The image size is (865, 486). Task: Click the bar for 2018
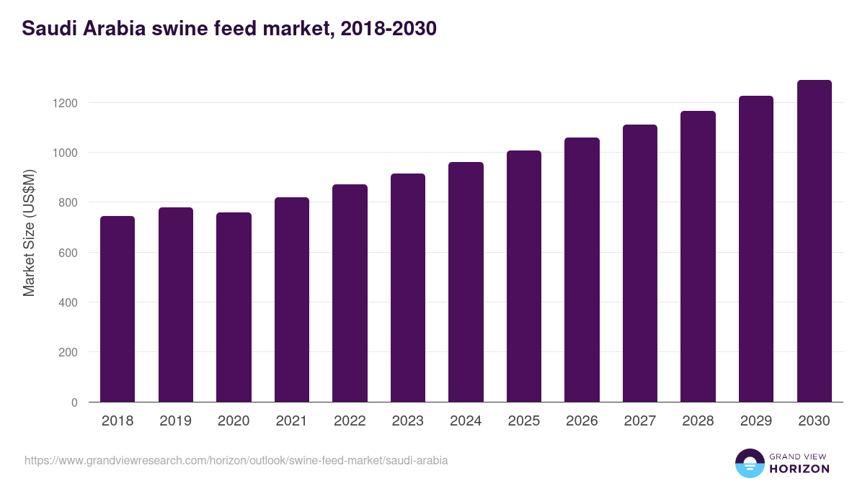point(117,309)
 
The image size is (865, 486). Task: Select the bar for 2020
point(234,307)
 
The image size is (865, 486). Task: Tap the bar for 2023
point(408,288)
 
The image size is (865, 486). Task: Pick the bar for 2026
point(582,270)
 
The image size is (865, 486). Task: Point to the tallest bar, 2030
point(814,241)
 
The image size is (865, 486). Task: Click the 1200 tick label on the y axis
point(65,103)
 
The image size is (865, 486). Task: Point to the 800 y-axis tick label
point(68,203)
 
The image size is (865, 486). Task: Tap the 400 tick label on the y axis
point(68,302)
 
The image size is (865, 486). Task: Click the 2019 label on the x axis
point(176,421)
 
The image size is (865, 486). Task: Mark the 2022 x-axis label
point(350,421)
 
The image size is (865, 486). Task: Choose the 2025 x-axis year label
point(524,421)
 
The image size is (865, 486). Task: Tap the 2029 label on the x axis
point(756,421)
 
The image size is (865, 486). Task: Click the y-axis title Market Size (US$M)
point(29,233)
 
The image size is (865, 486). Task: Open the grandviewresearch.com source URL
point(236,460)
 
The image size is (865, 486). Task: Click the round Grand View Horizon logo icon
point(749,463)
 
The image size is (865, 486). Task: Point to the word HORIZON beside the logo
point(799,469)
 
